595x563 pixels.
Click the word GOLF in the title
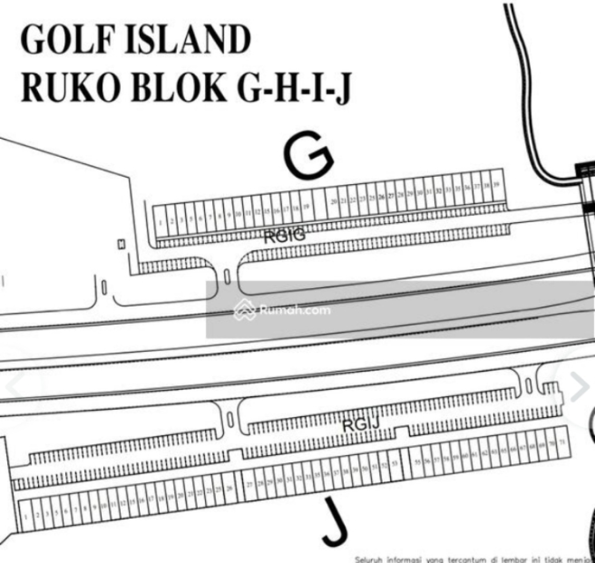61,40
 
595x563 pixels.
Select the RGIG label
284,237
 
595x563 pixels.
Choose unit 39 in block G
497,185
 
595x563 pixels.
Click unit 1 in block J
25,516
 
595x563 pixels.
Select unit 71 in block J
561,442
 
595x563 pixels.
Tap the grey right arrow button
579,387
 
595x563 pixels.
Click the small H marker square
122,243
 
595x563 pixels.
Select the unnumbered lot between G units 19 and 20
320,204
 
